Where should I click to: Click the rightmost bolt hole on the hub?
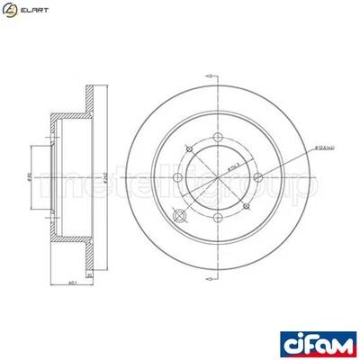(x=257, y=176)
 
